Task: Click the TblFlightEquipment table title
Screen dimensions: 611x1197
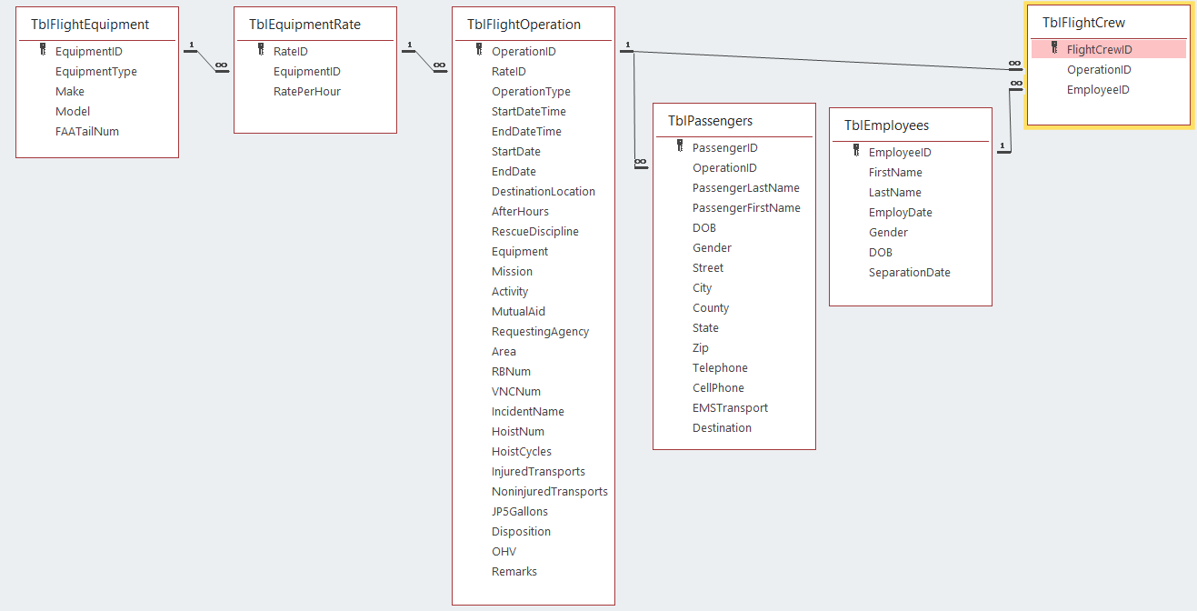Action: (x=90, y=25)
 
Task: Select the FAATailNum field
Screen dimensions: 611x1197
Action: (x=86, y=132)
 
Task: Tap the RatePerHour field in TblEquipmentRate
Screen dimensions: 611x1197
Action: (x=307, y=92)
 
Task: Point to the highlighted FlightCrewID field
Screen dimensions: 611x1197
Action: (x=1099, y=50)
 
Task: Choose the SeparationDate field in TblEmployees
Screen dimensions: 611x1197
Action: (x=909, y=273)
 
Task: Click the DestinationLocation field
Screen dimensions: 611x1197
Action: (x=543, y=192)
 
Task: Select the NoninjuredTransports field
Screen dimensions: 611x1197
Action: (x=549, y=492)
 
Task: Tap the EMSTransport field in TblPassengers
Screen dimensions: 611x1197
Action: (x=730, y=408)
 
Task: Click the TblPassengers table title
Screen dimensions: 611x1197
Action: (x=710, y=121)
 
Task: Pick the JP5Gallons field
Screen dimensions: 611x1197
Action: (x=519, y=512)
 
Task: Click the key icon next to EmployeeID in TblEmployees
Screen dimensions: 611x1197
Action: (x=855, y=152)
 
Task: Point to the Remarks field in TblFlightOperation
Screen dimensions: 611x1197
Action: (x=514, y=572)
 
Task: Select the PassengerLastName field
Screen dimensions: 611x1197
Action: (x=745, y=188)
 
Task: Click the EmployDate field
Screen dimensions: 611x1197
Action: (x=900, y=213)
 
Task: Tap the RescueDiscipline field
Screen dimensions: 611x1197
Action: (x=534, y=232)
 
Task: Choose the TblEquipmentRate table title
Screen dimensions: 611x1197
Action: (x=304, y=25)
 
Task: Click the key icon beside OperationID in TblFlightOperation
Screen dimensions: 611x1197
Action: (x=478, y=51)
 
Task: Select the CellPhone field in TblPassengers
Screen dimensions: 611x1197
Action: (x=718, y=388)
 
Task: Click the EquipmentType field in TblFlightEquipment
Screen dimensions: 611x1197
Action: (x=95, y=72)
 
